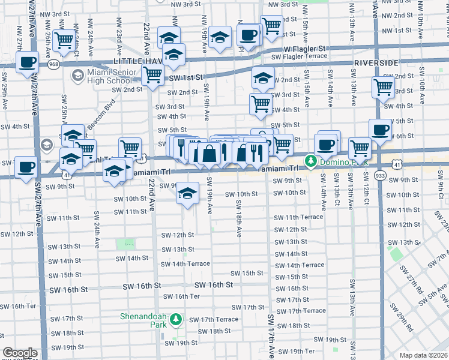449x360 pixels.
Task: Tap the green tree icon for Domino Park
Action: click(311, 161)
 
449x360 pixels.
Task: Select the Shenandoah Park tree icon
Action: click(176, 320)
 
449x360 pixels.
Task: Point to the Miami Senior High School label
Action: click(109, 76)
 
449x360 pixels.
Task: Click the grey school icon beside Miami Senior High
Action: click(77, 76)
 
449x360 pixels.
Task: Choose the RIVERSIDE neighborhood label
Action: click(376, 62)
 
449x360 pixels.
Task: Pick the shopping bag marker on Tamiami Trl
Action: click(208, 154)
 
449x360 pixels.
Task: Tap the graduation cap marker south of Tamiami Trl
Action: click(188, 194)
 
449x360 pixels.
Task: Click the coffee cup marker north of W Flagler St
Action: click(248, 34)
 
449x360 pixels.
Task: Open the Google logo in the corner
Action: click(20, 353)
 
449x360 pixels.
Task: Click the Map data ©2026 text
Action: click(423, 355)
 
